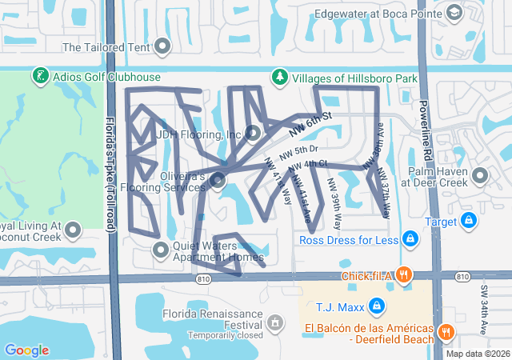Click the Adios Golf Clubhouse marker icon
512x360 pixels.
tap(39, 78)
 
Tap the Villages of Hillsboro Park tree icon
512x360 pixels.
tap(279, 78)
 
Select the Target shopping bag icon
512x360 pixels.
tap(469, 220)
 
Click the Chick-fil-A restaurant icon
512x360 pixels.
tap(405, 275)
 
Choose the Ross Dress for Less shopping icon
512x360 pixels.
tap(409, 238)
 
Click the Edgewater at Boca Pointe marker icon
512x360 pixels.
tap(454, 13)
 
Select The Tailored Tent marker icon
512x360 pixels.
tap(163, 46)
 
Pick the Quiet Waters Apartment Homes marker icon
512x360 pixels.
tap(161, 250)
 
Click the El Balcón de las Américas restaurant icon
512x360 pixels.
tap(446, 330)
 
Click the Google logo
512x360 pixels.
tap(26, 350)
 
